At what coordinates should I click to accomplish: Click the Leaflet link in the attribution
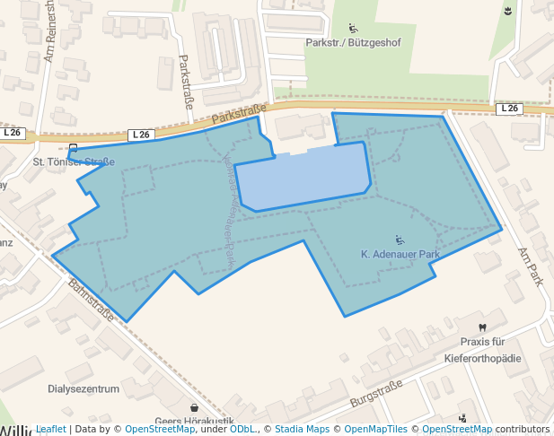(x=50, y=430)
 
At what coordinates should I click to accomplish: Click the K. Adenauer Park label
(x=400, y=255)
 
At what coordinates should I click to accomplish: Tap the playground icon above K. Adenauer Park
(x=400, y=240)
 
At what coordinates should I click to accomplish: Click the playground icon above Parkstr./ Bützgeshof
(x=353, y=27)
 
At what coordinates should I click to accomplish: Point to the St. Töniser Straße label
(x=74, y=162)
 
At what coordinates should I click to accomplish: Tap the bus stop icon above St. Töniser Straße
(x=73, y=148)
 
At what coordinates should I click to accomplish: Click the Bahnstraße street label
(x=90, y=301)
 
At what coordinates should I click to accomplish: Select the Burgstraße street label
(x=374, y=390)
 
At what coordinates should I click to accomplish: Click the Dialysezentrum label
(x=83, y=389)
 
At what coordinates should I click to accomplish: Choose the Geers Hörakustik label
(x=194, y=422)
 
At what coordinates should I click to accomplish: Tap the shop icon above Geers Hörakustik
(x=194, y=407)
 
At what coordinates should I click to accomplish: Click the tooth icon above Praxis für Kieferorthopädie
(x=482, y=327)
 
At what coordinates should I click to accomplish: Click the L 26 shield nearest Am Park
(x=509, y=109)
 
